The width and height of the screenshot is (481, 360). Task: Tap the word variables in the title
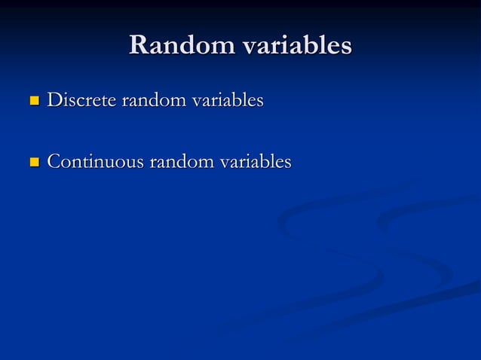[296, 46]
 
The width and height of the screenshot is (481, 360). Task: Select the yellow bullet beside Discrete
[33, 100]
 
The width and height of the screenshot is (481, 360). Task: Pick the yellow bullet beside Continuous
[33, 162]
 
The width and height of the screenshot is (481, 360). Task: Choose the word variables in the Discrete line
[224, 99]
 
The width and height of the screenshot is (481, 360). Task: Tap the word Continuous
[95, 161]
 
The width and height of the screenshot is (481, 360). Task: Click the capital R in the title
[139, 46]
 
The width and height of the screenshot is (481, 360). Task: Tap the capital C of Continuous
[54, 161]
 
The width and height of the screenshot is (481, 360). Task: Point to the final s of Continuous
[139, 163]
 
